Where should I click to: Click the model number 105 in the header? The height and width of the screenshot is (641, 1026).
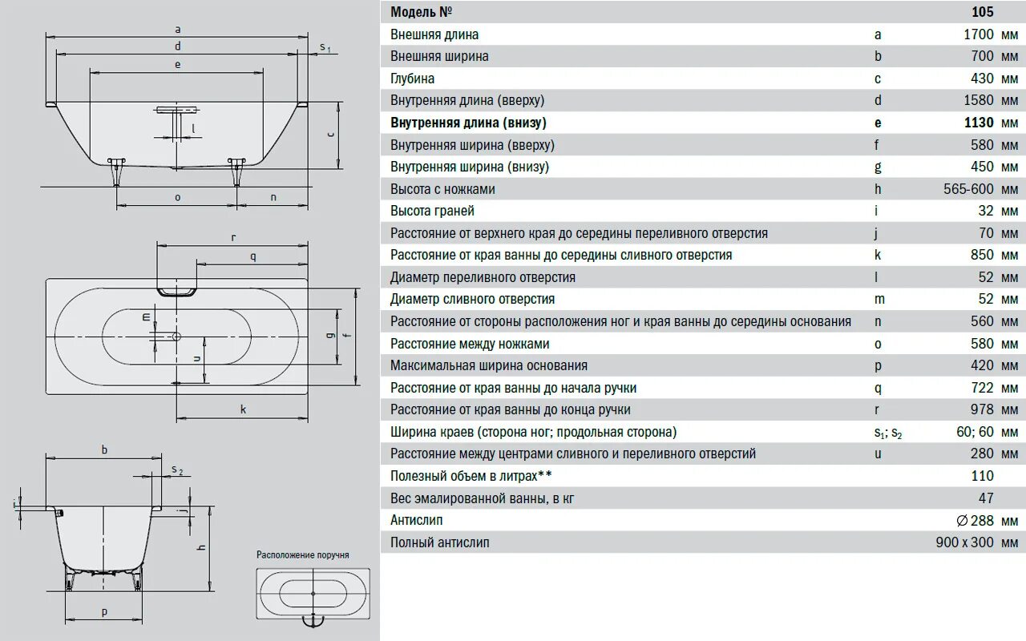pos(982,12)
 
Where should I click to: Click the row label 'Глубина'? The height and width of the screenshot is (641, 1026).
pos(412,79)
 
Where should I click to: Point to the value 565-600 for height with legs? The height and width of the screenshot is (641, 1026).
pos(969,189)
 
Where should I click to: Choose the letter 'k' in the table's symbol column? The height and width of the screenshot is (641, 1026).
pos(878,255)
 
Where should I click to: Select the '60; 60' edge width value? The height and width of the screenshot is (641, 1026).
pos(976,432)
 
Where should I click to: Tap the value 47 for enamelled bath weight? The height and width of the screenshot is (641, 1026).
pos(986,498)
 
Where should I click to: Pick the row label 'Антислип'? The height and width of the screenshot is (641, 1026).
pos(416,520)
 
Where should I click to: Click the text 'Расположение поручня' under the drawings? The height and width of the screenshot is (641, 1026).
pos(302,554)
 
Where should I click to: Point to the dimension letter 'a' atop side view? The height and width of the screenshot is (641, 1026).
pos(177,29)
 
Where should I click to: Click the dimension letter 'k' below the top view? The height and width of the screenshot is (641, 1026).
pos(243,409)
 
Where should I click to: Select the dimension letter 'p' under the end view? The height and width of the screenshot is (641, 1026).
pos(104,611)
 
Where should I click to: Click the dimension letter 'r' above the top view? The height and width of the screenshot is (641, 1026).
pos(232,237)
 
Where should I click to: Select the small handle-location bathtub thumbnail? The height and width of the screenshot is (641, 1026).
pos(313,595)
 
